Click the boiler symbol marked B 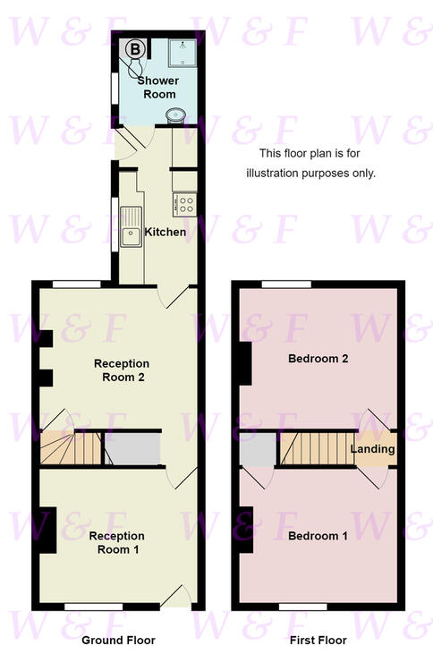[135, 49]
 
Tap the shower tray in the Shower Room [183, 53]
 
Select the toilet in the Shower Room [135, 68]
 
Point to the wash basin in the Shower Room [176, 115]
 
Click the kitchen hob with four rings [185, 205]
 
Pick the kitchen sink [131, 227]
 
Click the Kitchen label [166, 232]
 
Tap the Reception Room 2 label [122, 370]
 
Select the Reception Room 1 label [117, 542]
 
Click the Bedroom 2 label [318, 359]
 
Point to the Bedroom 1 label [318, 536]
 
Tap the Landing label [372, 449]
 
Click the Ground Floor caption [118, 641]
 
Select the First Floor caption [318, 641]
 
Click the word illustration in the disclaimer [272, 174]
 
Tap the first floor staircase [318, 448]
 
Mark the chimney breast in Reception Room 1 [48, 531]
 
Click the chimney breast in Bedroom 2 [245, 363]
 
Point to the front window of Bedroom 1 [303, 607]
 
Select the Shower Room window [115, 88]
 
